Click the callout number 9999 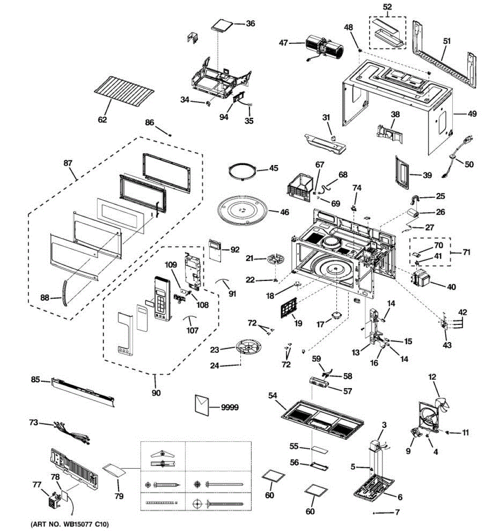(230, 407)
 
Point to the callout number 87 (68, 163)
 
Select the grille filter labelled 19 (289, 307)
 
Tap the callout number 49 (472, 114)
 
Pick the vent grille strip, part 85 (83, 392)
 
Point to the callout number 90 (156, 393)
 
